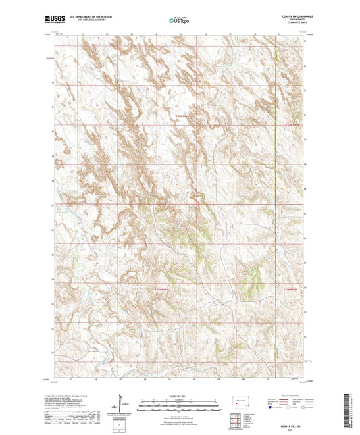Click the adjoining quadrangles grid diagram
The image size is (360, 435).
pos(236,421)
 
